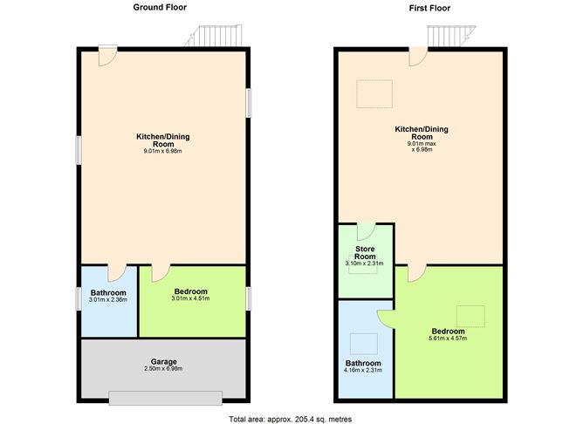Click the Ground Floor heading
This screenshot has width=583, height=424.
coord(160,7)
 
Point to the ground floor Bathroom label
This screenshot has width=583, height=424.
coord(108,292)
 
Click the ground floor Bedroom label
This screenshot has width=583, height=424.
coord(190,291)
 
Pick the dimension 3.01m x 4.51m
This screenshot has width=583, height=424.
coord(190,299)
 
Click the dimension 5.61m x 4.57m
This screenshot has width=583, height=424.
coord(448,339)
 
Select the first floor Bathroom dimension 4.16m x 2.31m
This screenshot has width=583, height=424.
coord(364,371)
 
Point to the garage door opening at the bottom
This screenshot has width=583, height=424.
coord(164,398)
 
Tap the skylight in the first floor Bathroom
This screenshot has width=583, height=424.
coord(363,343)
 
